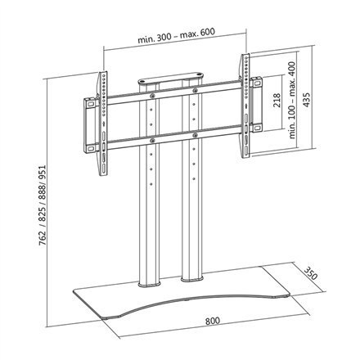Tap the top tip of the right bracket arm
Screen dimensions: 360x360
click(x=243, y=57)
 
